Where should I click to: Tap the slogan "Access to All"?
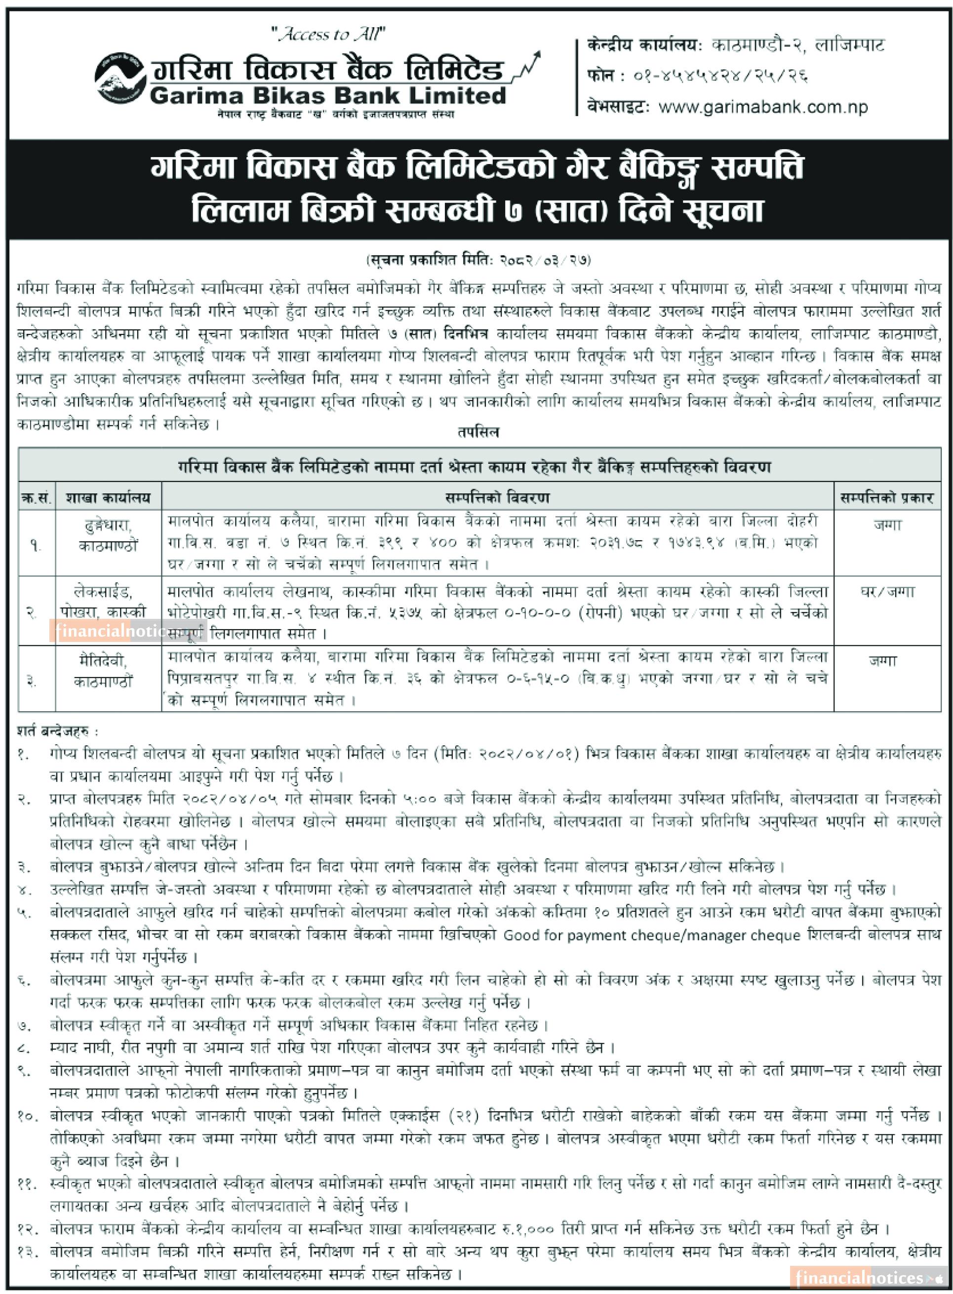pos(329,35)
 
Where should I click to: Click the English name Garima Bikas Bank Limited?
pos(328,95)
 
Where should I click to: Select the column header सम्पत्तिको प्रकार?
pos(887,497)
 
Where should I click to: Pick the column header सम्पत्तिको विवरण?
pos(497,497)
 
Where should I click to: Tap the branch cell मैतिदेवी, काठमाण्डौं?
pos(104,671)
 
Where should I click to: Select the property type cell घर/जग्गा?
pos(887,592)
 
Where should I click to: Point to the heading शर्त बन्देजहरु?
pos(58,731)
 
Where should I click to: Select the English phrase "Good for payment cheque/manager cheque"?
pos(652,935)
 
